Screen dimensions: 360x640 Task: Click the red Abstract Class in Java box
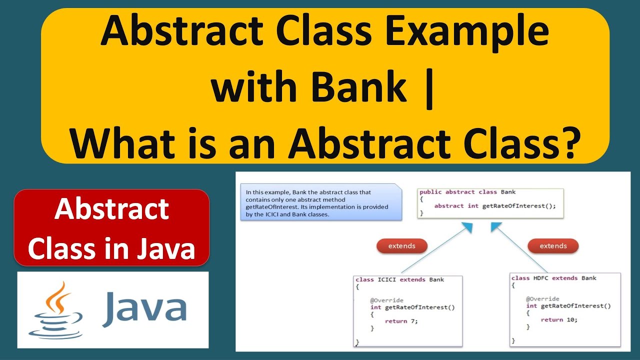pyautogui.click(x=111, y=227)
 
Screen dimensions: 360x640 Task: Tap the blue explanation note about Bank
pyautogui.click(x=320, y=203)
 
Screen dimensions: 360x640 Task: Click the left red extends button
pyautogui.click(x=401, y=245)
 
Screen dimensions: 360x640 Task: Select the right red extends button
pyautogui.click(x=553, y=245)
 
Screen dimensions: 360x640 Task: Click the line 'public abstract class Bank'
pyautogui.click(x=467, y=192)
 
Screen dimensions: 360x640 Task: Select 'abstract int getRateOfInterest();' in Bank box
pyautogui.click(x=495, y=205)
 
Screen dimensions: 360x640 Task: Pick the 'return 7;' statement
pyautogui.click(x=401, y=321)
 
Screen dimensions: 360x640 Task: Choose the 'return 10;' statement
pyautogui.click(x=558, y=319)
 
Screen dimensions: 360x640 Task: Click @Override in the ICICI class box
pyautogui.click(x=386, y=300)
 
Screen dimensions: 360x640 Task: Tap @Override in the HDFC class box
pyautogui.click(x=542, y=299)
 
